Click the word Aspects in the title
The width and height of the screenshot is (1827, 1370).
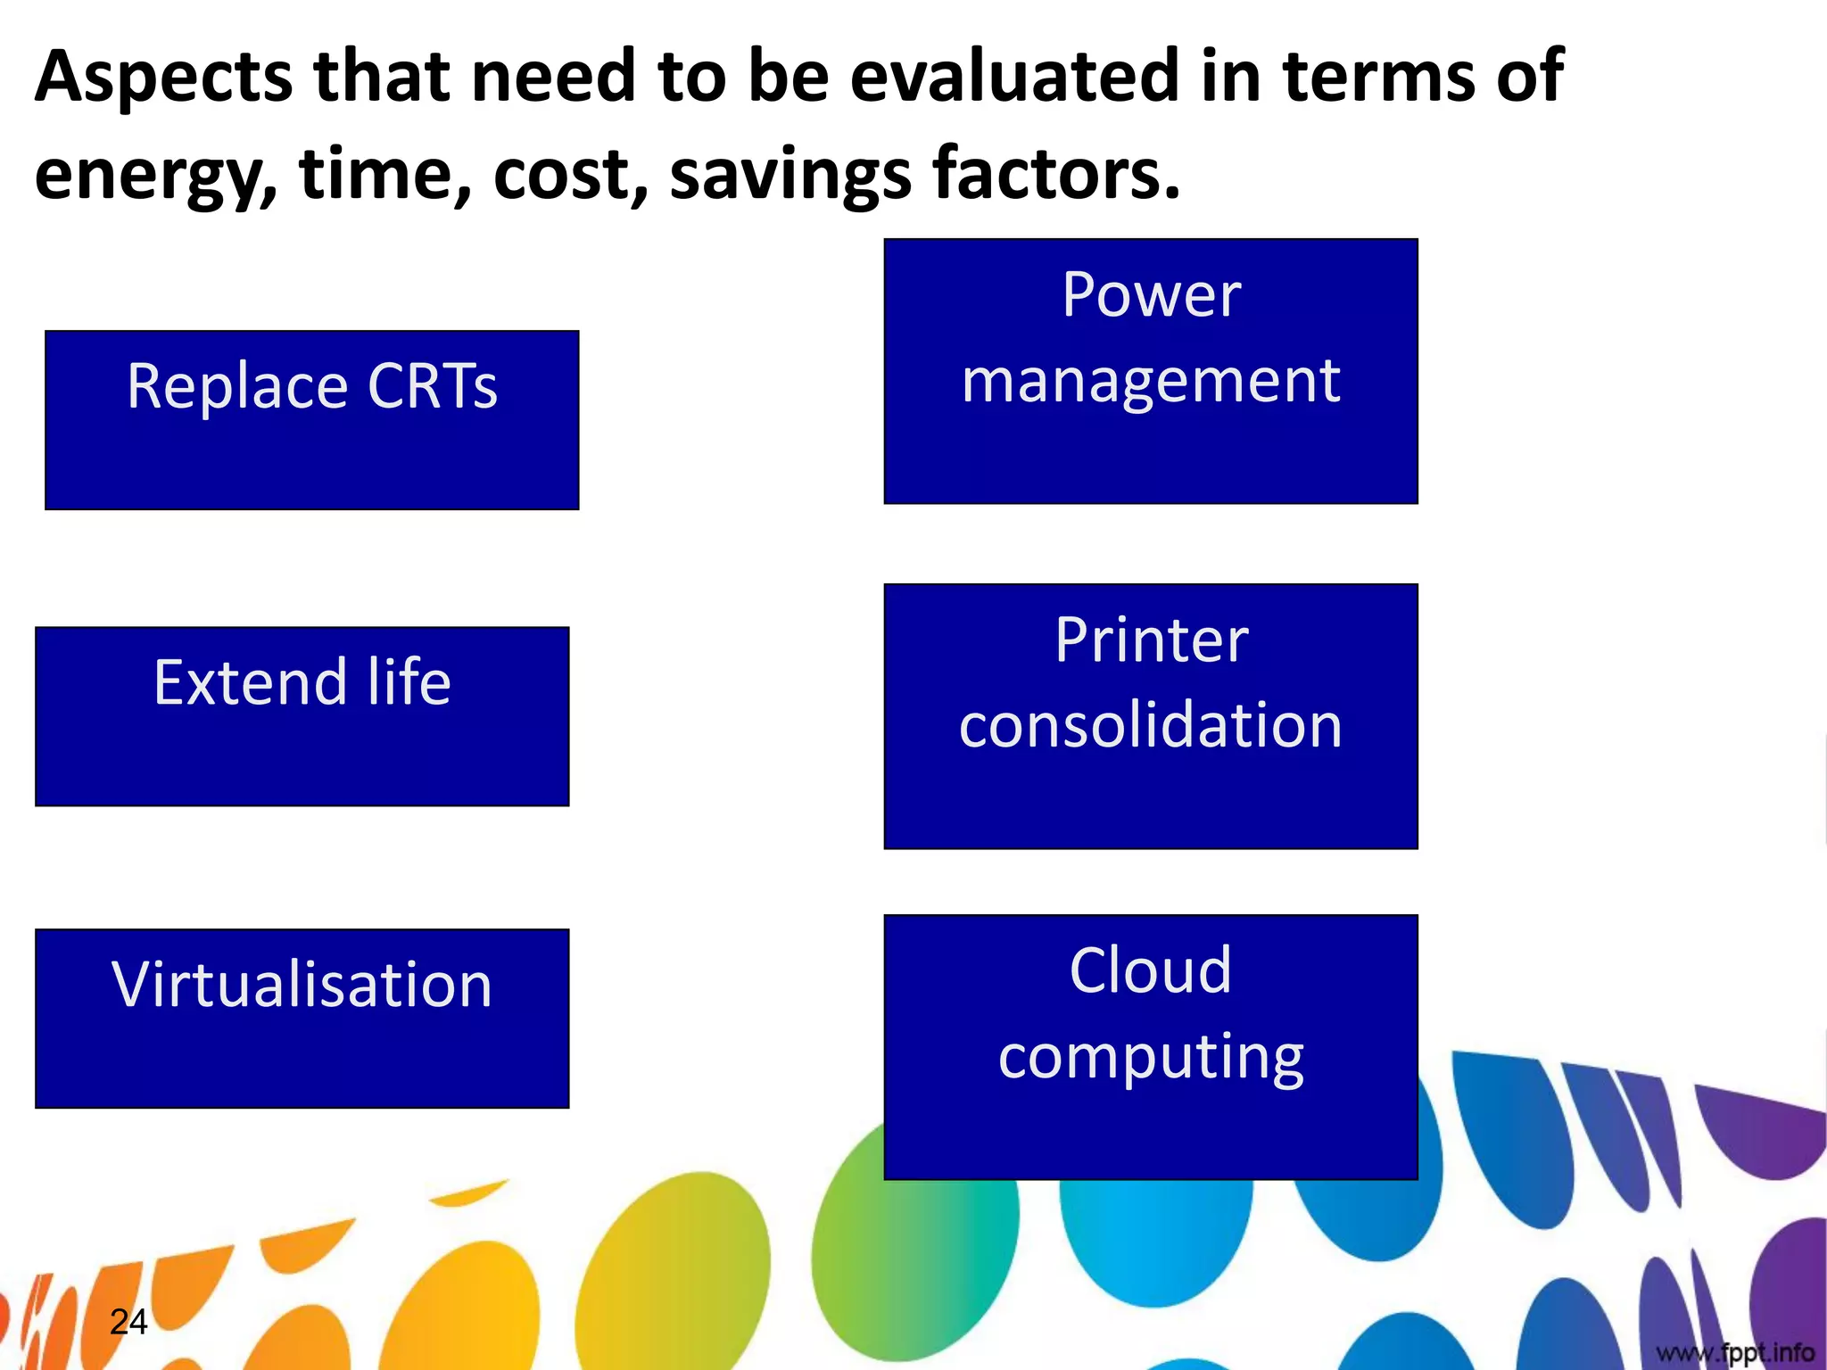coord(163,78)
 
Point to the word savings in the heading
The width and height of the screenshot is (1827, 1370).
coord(790,175)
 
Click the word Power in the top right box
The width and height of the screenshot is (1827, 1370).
coord(1151,295)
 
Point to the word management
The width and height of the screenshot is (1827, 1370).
coord(1151,381)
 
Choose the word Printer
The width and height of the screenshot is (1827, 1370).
coord(1151,640)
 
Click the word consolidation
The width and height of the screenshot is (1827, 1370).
coord(1151,725)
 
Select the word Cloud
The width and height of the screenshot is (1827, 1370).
coord(1151,970)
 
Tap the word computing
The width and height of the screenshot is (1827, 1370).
coord(1151,1057)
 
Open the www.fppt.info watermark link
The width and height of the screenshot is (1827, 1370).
coord(1735,1353)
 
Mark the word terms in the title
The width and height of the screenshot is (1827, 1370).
coord(1378,77)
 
